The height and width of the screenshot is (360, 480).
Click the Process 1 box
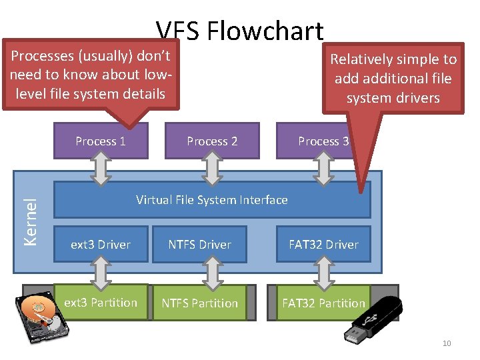point(100,141)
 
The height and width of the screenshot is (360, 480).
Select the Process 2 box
point(212,141)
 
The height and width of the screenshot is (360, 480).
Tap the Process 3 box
point(323,141)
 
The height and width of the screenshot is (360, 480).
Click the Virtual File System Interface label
point(212,199)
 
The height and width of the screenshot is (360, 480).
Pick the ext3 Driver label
point(101,245)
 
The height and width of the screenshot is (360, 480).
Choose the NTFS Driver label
point(199,245)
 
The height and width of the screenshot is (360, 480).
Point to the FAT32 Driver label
point(323,245)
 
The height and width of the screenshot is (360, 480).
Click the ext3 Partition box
point(101,303)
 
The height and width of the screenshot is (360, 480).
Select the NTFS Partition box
point(199,303)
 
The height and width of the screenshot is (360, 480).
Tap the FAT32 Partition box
point(323,303)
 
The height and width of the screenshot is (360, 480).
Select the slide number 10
point(446,343)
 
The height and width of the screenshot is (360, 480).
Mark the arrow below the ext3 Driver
point(101,273)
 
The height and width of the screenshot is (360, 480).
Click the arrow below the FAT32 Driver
point(323,273)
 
